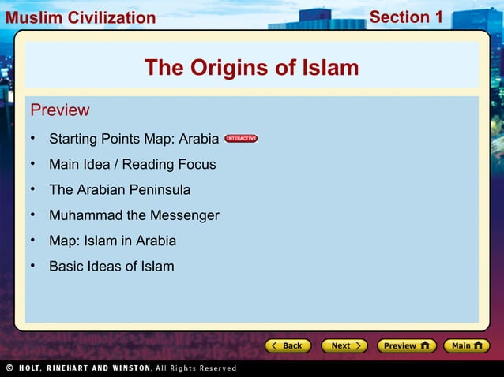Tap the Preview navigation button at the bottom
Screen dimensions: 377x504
(x=407, y=345)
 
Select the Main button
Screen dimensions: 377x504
(x=466, y=345)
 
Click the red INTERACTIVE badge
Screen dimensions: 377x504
(x=241, y=139)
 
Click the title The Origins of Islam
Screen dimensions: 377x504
(x=251, y=69)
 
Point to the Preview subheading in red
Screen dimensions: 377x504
(x=59, y=110)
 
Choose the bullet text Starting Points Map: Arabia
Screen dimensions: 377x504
(x=134, y=140)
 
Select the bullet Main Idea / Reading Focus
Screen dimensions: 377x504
(x=132, y=165)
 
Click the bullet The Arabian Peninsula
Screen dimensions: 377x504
(x=119, y=190)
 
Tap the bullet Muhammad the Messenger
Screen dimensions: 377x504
(x=134, y=215)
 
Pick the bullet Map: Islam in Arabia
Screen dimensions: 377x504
(x=112, y=241)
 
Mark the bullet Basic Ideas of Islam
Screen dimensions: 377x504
(x=111, y=266)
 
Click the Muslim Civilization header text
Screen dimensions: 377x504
(x=79, y=17)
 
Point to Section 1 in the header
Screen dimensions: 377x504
(x=406, y=17)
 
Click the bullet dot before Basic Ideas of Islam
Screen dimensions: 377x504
(x=34, y=265)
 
